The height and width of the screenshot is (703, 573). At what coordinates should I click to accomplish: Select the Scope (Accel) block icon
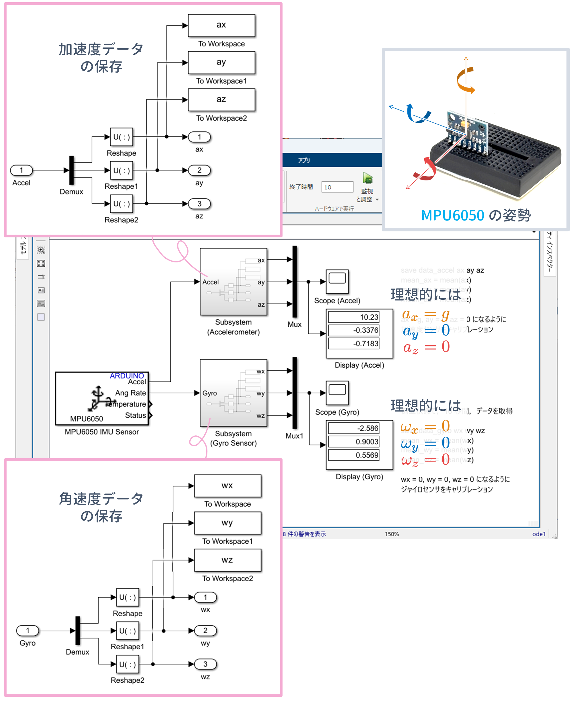pos(337,281)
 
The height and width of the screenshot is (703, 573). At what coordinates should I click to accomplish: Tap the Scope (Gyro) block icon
pos(337,393)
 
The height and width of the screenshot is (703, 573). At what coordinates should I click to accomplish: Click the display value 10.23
pos(354,317)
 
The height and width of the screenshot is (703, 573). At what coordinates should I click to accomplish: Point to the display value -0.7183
pos(354,344)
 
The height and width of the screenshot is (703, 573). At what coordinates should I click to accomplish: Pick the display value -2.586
pos(354,429)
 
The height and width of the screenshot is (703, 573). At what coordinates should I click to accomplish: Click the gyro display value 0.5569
pos(354,455)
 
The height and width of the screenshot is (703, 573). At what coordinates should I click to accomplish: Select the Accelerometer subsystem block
pos(233,282)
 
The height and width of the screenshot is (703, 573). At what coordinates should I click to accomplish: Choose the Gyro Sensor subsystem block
pos(233,393)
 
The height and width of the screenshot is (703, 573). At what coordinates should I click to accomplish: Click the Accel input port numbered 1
pos(21,170)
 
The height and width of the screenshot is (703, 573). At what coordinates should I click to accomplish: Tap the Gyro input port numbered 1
pos(28,630)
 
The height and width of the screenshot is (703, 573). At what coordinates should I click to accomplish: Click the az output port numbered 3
pos(199,204)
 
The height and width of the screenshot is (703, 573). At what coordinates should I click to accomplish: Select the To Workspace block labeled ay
pos(221,63)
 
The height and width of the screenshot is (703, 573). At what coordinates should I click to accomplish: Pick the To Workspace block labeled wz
pos(227,560)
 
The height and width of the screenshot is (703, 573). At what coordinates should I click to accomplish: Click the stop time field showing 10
pos(337,187)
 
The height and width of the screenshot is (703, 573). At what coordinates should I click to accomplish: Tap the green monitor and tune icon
pos(367,179)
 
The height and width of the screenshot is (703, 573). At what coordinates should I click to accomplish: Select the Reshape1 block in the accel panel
pos(121,170)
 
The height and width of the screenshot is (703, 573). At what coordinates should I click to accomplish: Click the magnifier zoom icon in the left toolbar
pos(41,250)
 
